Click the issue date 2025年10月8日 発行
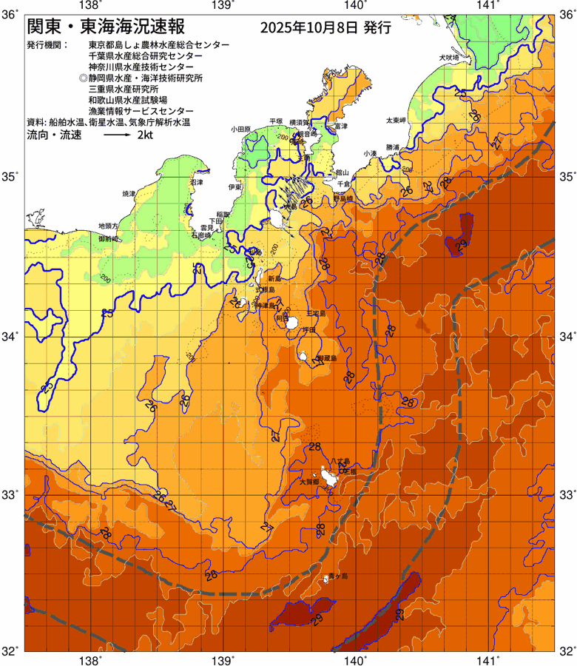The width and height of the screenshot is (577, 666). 325,29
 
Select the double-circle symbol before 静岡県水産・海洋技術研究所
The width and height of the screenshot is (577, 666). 84,77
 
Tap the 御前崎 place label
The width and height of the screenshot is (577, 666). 109,239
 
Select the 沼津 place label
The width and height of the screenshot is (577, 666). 196,182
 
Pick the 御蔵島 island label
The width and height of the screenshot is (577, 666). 326,358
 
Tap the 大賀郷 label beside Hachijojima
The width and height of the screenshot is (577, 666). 309,482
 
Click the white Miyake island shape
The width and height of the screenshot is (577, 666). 294,323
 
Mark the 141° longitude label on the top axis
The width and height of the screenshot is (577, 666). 487,6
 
